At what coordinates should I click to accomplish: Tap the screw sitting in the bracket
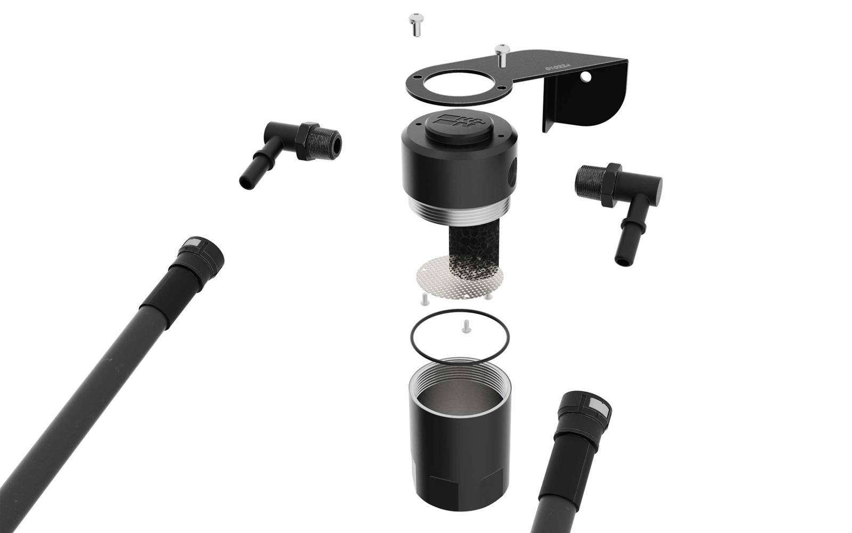pyautogui.click(x=502, y=53)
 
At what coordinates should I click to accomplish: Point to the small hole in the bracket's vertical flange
pyautogui.click(x=586, y=77)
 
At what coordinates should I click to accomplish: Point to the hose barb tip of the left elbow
pyautogui.click(x=246, y=181)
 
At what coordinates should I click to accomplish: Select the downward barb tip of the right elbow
pyautogui.click(x=622, y=259)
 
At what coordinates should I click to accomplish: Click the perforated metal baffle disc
pyautogui.click(x=458, y=276)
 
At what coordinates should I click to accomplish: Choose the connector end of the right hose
pyautogui.click(x=586, y=410)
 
